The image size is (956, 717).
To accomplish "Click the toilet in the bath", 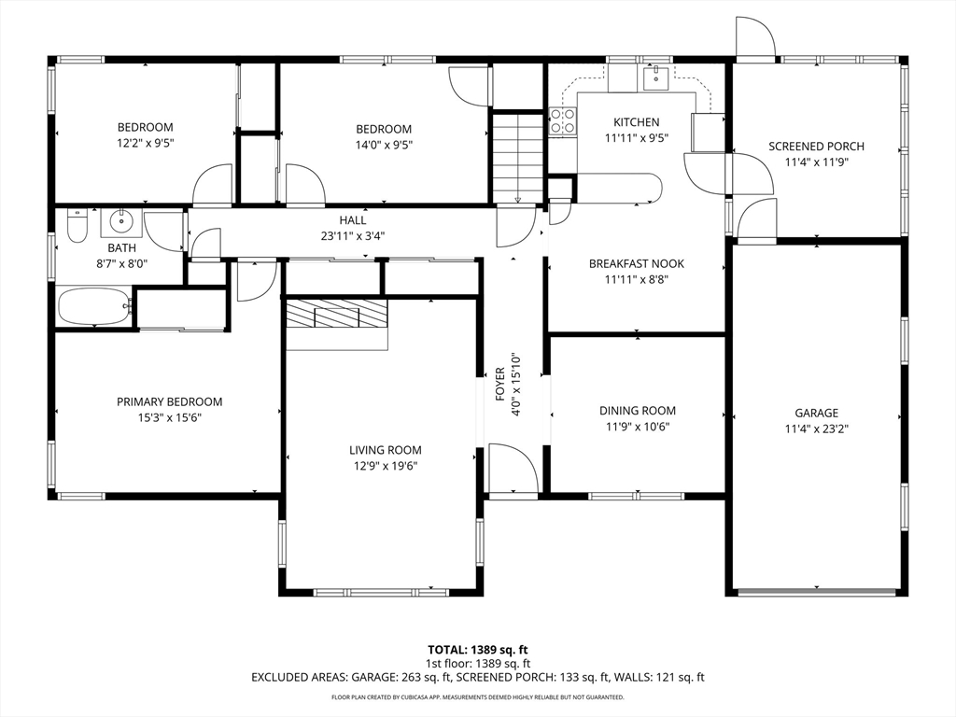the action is [x=77, y=226].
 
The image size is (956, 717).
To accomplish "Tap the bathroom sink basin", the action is [x=121, y=222].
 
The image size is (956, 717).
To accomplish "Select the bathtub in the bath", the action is [x=95, y=306].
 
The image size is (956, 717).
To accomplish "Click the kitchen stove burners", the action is [x=562, y=120].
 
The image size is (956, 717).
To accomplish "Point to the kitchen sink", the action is [x=654, y=77].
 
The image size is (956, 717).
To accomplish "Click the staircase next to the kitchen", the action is [x=517, y=157].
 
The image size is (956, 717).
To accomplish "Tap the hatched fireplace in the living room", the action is [x=337, y=314].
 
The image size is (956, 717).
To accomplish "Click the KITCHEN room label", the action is [x=637, y=122].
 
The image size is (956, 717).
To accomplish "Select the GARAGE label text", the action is [x=816, y=413].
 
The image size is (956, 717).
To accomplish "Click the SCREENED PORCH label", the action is [x=816, y=147].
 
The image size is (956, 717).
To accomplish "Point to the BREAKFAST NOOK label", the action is [x=637, y=263].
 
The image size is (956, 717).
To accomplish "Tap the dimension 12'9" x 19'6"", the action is [x=386, y=467].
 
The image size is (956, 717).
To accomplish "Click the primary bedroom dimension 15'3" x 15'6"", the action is [x=170, y=417].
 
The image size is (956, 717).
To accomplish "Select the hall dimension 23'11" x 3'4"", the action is [x=353, y=236].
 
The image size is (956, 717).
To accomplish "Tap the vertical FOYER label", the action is [x=500, y=384].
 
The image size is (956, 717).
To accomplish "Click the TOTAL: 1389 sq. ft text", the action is [x=478, y=650].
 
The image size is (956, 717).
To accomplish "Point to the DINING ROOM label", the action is [x=637, y=411].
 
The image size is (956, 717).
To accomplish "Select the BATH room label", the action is [x=122, y=248].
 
